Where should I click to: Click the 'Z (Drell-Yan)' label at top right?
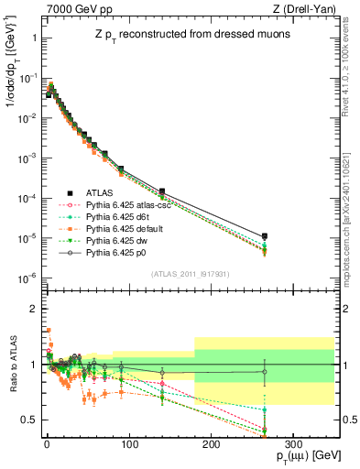tap(307, 9)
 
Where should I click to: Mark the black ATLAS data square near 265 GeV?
tap(265, 236)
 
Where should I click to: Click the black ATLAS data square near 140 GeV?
tap(162, 191)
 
